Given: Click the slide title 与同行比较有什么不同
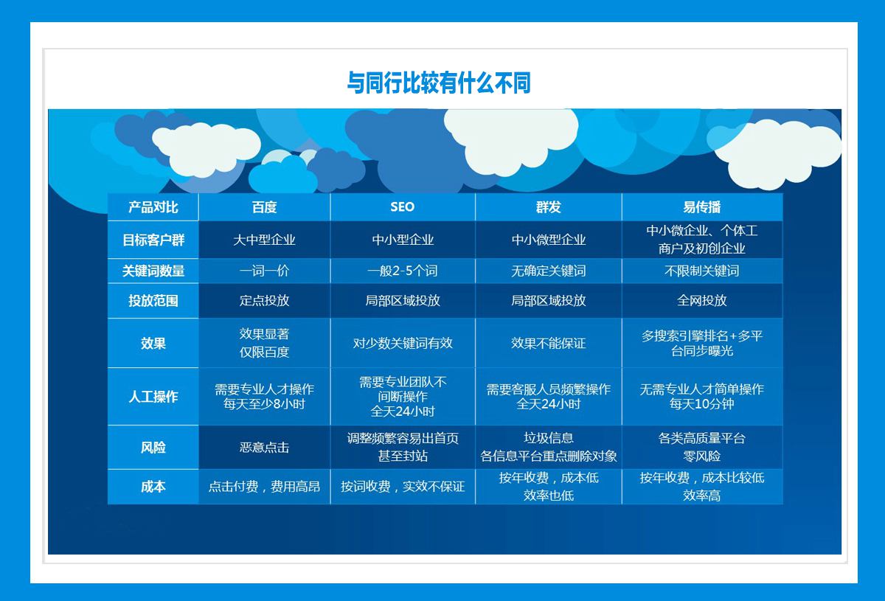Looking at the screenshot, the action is coord(439,83).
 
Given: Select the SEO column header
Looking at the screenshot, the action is coord(402,206).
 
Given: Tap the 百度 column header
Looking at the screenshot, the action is coord(264,207).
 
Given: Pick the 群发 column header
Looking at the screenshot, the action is coord(549,207).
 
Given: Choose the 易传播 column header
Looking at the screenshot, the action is coord(701,207).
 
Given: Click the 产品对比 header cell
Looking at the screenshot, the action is coord(153,207).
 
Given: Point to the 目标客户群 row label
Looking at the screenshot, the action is coord(153,240).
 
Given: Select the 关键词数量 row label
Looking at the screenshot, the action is coord(153,271).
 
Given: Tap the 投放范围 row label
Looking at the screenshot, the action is coord(153,301).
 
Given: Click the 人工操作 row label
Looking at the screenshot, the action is coord(153,396).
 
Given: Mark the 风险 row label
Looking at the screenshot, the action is coord(153,448).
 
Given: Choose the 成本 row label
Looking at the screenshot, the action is coord(153,487).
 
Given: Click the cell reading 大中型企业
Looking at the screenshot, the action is coord(264,240).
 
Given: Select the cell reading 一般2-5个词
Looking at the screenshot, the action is coord(402,271).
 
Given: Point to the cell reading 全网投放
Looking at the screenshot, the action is coord(701,301).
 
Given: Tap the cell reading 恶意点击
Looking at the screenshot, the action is coord(264,448).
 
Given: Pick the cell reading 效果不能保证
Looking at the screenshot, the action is coord(549,343).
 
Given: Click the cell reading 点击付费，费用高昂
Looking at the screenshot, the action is coord(264,487).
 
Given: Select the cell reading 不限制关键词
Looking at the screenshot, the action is coord(701,271).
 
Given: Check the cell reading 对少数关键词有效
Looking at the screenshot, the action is coord(402,343).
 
